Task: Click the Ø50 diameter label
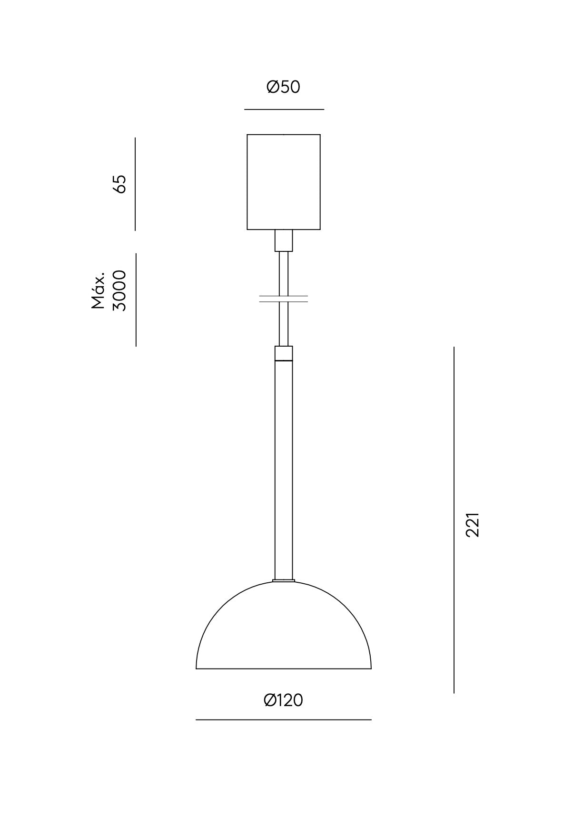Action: tap(284, 87)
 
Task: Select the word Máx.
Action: tap(99, 291)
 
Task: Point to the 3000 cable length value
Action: tap(119, 290)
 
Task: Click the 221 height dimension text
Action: tap(472, 525)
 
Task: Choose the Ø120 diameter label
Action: tap(284, 700)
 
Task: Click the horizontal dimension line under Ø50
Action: tap(284, 110)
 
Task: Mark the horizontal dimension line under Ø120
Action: tap(284, 720)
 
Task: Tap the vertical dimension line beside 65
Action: tap(135, 184)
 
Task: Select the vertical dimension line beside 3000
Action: tap(136, 299)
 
